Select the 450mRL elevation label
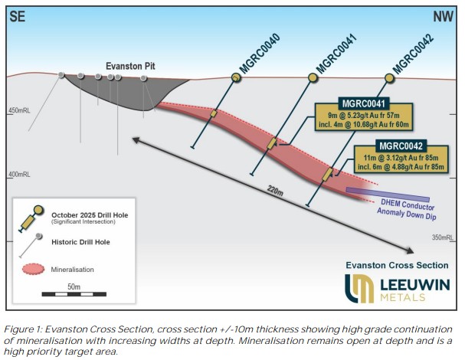[x=20, y=111]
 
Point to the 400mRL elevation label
[x=20, y=175]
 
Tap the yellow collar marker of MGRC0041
[x=313, y=77]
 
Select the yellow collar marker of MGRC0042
[x=389, y=77]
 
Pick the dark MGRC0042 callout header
[x=399, y=146]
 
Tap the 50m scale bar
[x=73, y=292]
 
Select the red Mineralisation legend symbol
[x=34, y=269]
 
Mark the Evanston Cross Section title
[x=396, y=264]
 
